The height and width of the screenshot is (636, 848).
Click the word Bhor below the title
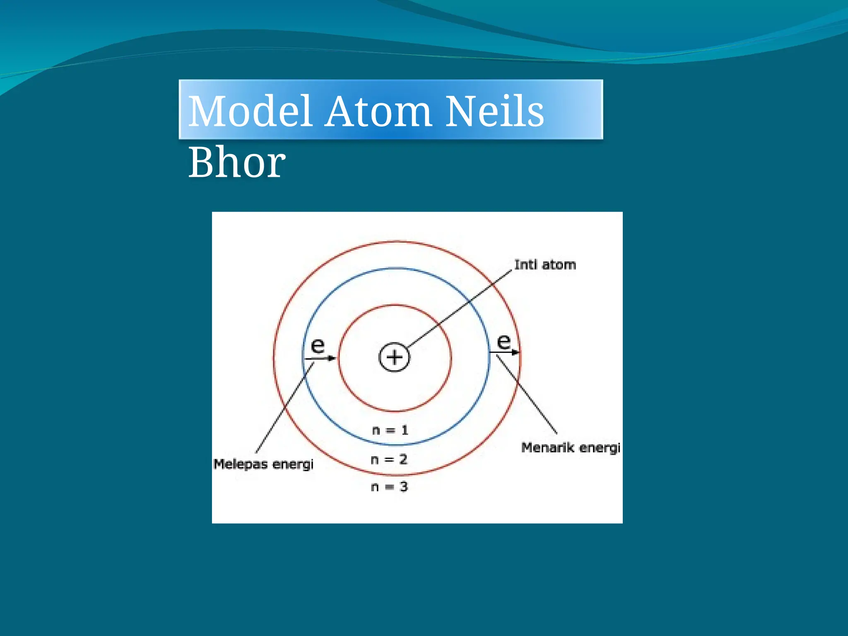[237, 162]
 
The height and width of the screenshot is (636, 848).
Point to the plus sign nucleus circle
[394, 357]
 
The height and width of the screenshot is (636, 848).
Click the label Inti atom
[545, 265]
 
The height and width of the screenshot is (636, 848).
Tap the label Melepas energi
[263, 464]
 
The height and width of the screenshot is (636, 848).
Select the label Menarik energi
[571, 448]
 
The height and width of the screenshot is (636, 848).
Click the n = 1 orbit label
[390, 430]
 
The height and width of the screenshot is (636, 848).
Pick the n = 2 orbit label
[389, 459]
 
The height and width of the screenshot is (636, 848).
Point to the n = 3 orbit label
[389, 487]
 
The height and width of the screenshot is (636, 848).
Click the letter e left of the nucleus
[318, 345]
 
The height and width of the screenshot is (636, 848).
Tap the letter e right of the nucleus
[503, 342]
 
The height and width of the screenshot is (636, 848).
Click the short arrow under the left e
[321, 358]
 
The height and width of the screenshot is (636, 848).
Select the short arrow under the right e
[504, 352]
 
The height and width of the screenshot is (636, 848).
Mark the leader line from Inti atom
[460, 310]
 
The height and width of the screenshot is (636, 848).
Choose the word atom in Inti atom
[559, 265]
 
